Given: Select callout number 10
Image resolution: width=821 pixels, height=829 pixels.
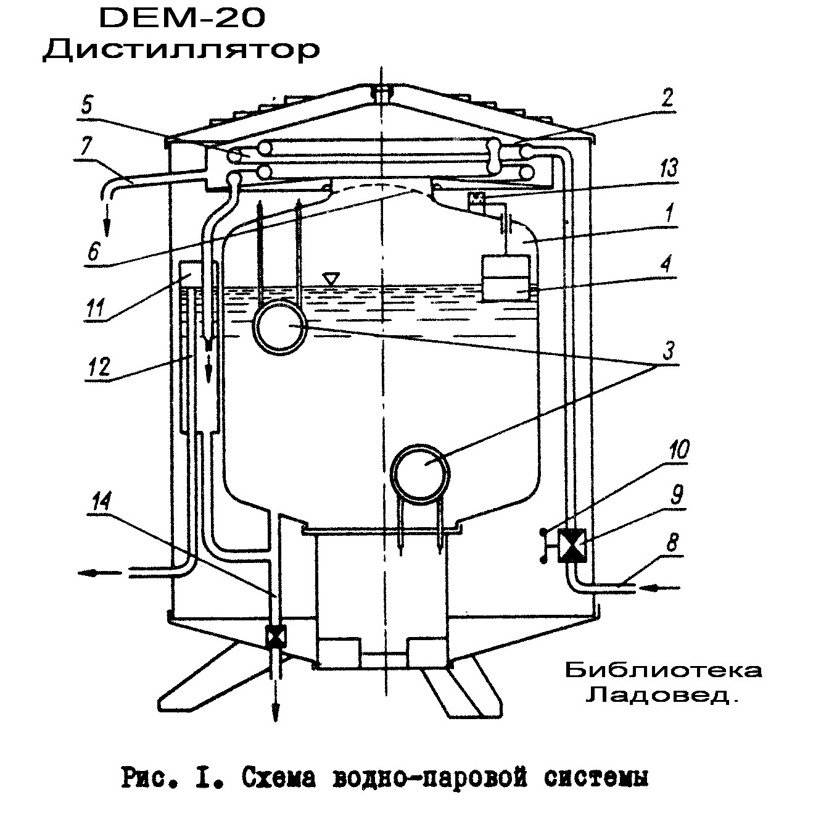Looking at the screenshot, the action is point(679,449).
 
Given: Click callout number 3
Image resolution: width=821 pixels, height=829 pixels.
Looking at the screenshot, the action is point(668,351).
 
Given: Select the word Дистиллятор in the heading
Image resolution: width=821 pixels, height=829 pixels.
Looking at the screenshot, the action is point(181,51).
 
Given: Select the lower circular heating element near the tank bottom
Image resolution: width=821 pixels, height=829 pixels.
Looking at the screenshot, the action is point(421,475).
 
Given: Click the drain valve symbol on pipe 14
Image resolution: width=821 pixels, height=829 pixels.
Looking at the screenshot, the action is point(275,635).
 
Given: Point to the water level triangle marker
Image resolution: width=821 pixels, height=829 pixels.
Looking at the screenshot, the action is point(331,278).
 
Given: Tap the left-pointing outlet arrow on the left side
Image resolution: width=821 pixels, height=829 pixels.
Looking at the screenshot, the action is point(99,573).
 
